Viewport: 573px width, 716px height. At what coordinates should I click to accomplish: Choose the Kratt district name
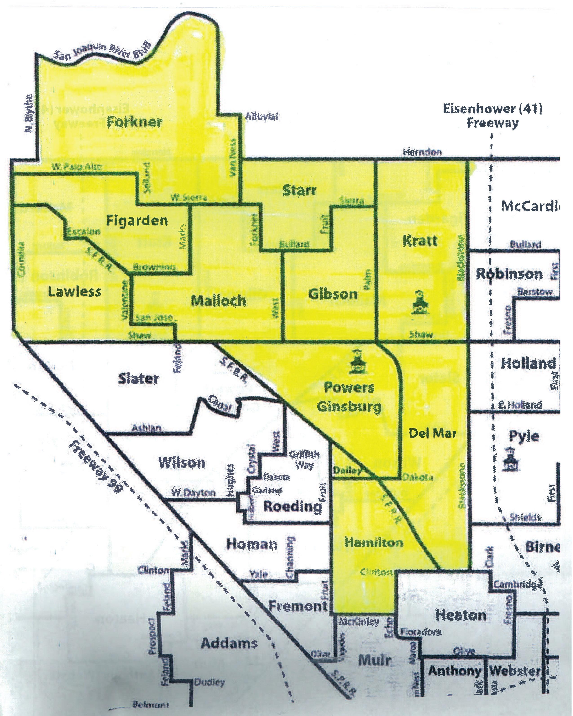pos(420,241)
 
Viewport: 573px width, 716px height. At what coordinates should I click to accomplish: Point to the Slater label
pos(138,379)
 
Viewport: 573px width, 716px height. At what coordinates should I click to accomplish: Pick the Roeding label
pos(293,507)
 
